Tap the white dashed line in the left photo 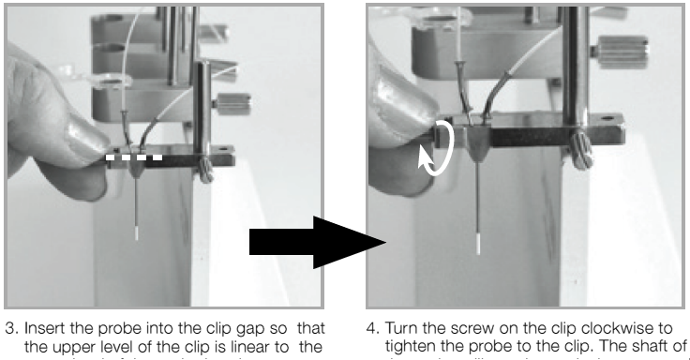133,157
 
